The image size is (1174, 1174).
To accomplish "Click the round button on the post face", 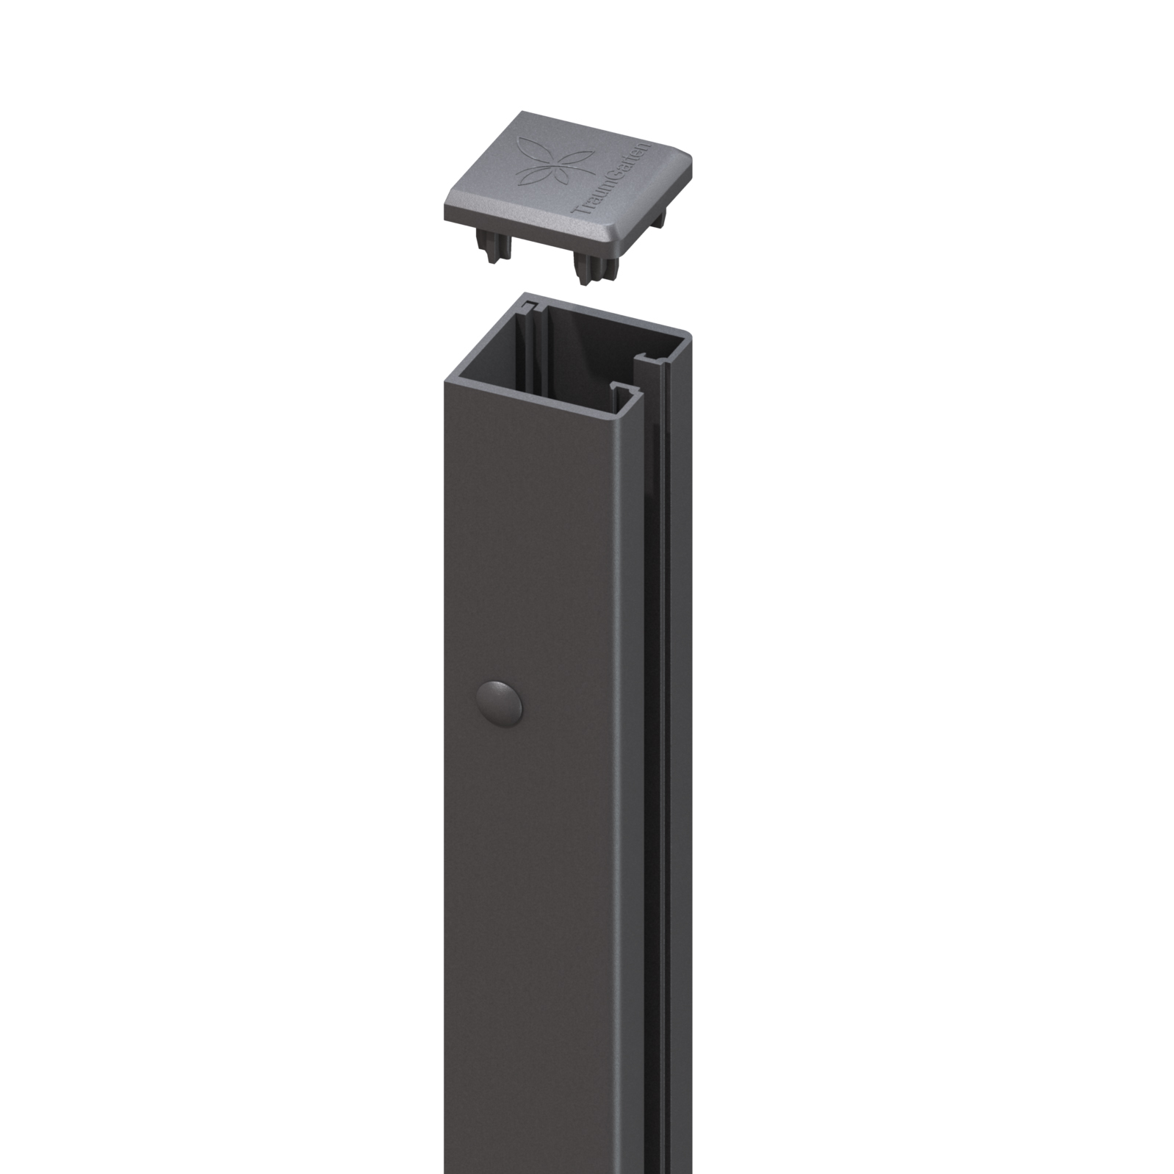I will click(500, 699).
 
